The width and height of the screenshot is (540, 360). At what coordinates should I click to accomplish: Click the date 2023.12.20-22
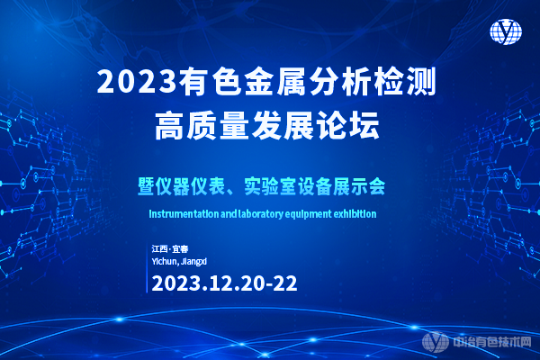coord(225,282)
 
